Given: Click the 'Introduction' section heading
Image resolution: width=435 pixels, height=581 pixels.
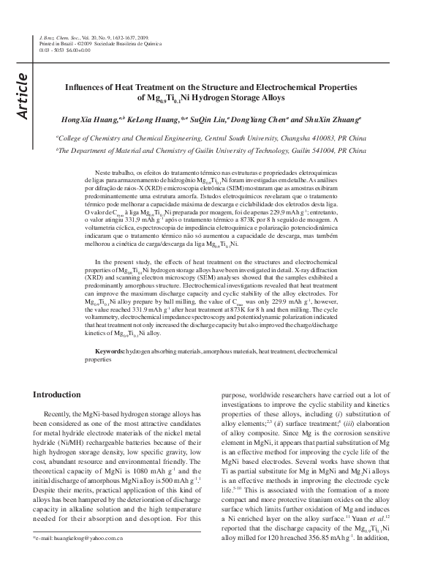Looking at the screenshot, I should click(57, 394).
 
